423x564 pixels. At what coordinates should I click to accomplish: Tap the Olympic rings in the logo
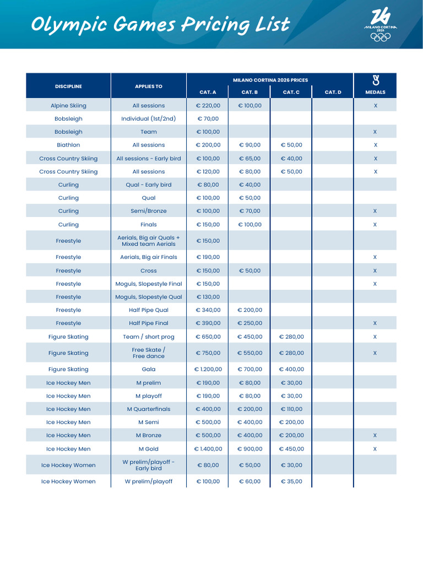(x=380, y=37)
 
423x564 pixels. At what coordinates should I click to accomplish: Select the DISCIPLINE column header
(x=68, y=86)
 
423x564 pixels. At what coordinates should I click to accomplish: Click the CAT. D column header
(x=333, y=92)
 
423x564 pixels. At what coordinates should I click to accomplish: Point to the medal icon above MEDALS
(x=375, y=81)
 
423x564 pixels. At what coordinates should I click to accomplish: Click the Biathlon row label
(x=68, y=145)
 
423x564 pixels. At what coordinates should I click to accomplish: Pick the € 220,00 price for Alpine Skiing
(x=208, y=105)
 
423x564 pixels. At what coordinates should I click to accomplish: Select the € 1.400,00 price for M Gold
(x=208, y=449)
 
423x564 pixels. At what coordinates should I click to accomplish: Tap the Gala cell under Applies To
(x=149, y=370)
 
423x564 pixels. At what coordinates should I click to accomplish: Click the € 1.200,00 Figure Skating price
(x=208, y=370)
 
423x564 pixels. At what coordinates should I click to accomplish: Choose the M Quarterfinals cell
(x=149, y=409)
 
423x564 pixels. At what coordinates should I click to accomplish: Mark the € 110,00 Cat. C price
(x=291, y=409)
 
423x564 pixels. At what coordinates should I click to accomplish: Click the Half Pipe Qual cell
(x=149, y=310)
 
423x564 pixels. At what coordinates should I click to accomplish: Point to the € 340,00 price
(x=208, y=310)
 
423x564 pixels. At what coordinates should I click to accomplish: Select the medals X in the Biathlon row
(x=375, y=145)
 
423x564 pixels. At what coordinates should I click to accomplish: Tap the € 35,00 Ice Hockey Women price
(x=291, y=481)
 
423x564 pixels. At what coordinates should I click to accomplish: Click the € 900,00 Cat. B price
(x=250, y=449)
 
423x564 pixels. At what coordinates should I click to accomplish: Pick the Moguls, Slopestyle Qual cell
(x=149, y=297)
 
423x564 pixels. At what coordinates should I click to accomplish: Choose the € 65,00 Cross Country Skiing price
(x=250, y=158)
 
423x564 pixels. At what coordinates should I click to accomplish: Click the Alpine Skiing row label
(x=68, y=105)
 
